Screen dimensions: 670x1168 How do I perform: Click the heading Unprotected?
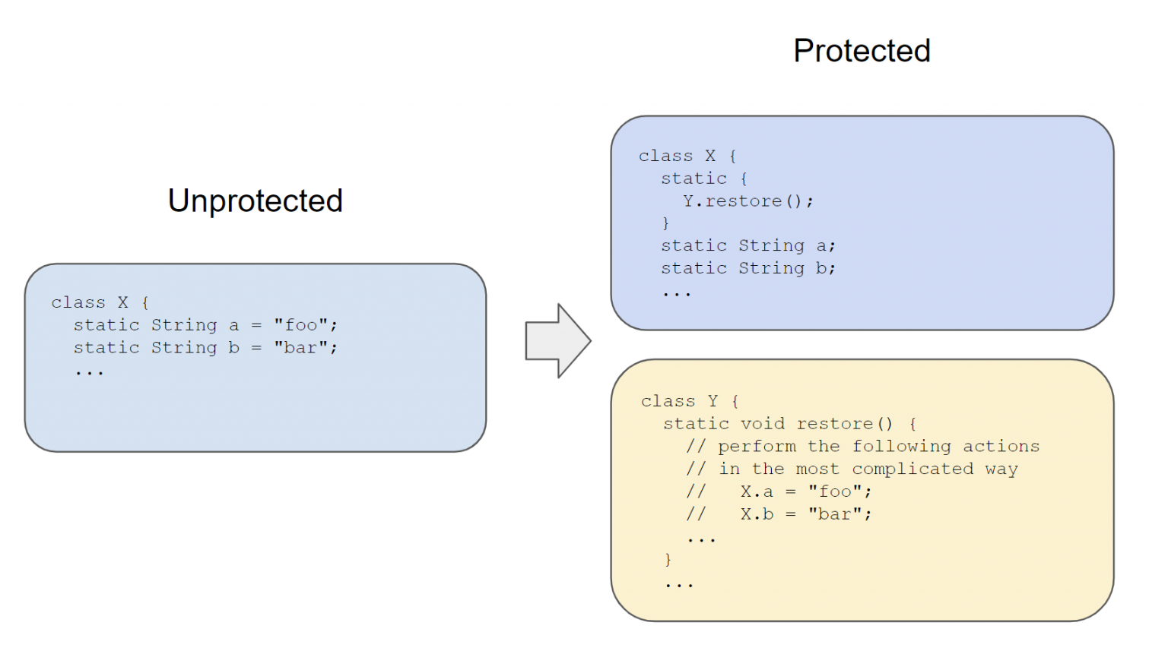click(255, 201)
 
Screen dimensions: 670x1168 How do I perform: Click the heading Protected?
click(862, 51)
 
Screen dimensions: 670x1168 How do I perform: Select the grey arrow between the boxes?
click(557, 341)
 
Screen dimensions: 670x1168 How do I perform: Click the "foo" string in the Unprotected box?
click(300, 325)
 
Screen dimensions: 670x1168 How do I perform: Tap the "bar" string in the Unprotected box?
click(300, 348)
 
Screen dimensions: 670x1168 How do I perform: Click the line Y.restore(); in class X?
click(747, 201)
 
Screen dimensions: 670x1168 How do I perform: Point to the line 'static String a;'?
click(747, 246)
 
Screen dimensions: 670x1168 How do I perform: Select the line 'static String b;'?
click(747, 268)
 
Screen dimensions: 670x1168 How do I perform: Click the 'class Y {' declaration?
click(690, 401)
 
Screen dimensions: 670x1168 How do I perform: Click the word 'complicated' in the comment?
click(912, 469)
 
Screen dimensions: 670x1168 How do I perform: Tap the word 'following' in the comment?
click(901, 447)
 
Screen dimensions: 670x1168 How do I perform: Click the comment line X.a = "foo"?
click(805, 491)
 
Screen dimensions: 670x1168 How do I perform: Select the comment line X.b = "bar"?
click(805, 514)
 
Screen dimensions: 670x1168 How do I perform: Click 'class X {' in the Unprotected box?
click(100, 302)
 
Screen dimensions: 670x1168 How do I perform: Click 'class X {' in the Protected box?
click(687, 156)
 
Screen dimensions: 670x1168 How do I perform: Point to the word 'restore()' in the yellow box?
click(844, 424)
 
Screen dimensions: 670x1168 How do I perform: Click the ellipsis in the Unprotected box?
click(89, 372)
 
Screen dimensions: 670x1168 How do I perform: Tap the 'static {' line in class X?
click(703, 179)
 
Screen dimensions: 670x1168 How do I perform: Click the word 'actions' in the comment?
click(1001, 447)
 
